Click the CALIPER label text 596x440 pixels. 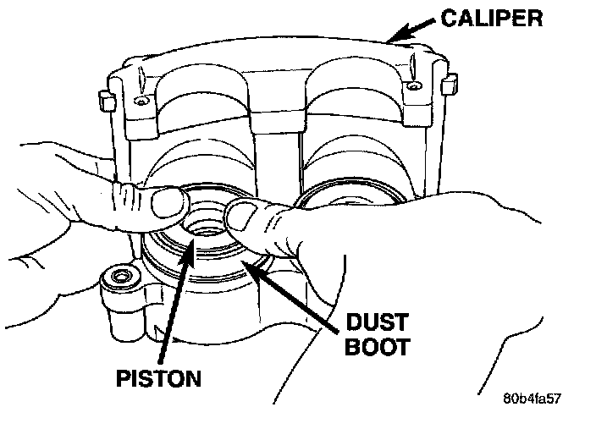tap(492, 19)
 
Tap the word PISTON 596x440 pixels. tap(158, 378)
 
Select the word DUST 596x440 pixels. tap(377, 322)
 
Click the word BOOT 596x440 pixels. tap(378, 347)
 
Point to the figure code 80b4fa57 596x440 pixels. tap(532, 399)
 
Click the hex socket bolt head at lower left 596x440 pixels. tap(120, 276)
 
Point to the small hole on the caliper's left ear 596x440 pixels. tap(142, 102)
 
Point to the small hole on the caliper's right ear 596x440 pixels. tap(413, 86)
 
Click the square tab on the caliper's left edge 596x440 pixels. tap(107, 101)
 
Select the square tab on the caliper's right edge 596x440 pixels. tap(449, 85)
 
